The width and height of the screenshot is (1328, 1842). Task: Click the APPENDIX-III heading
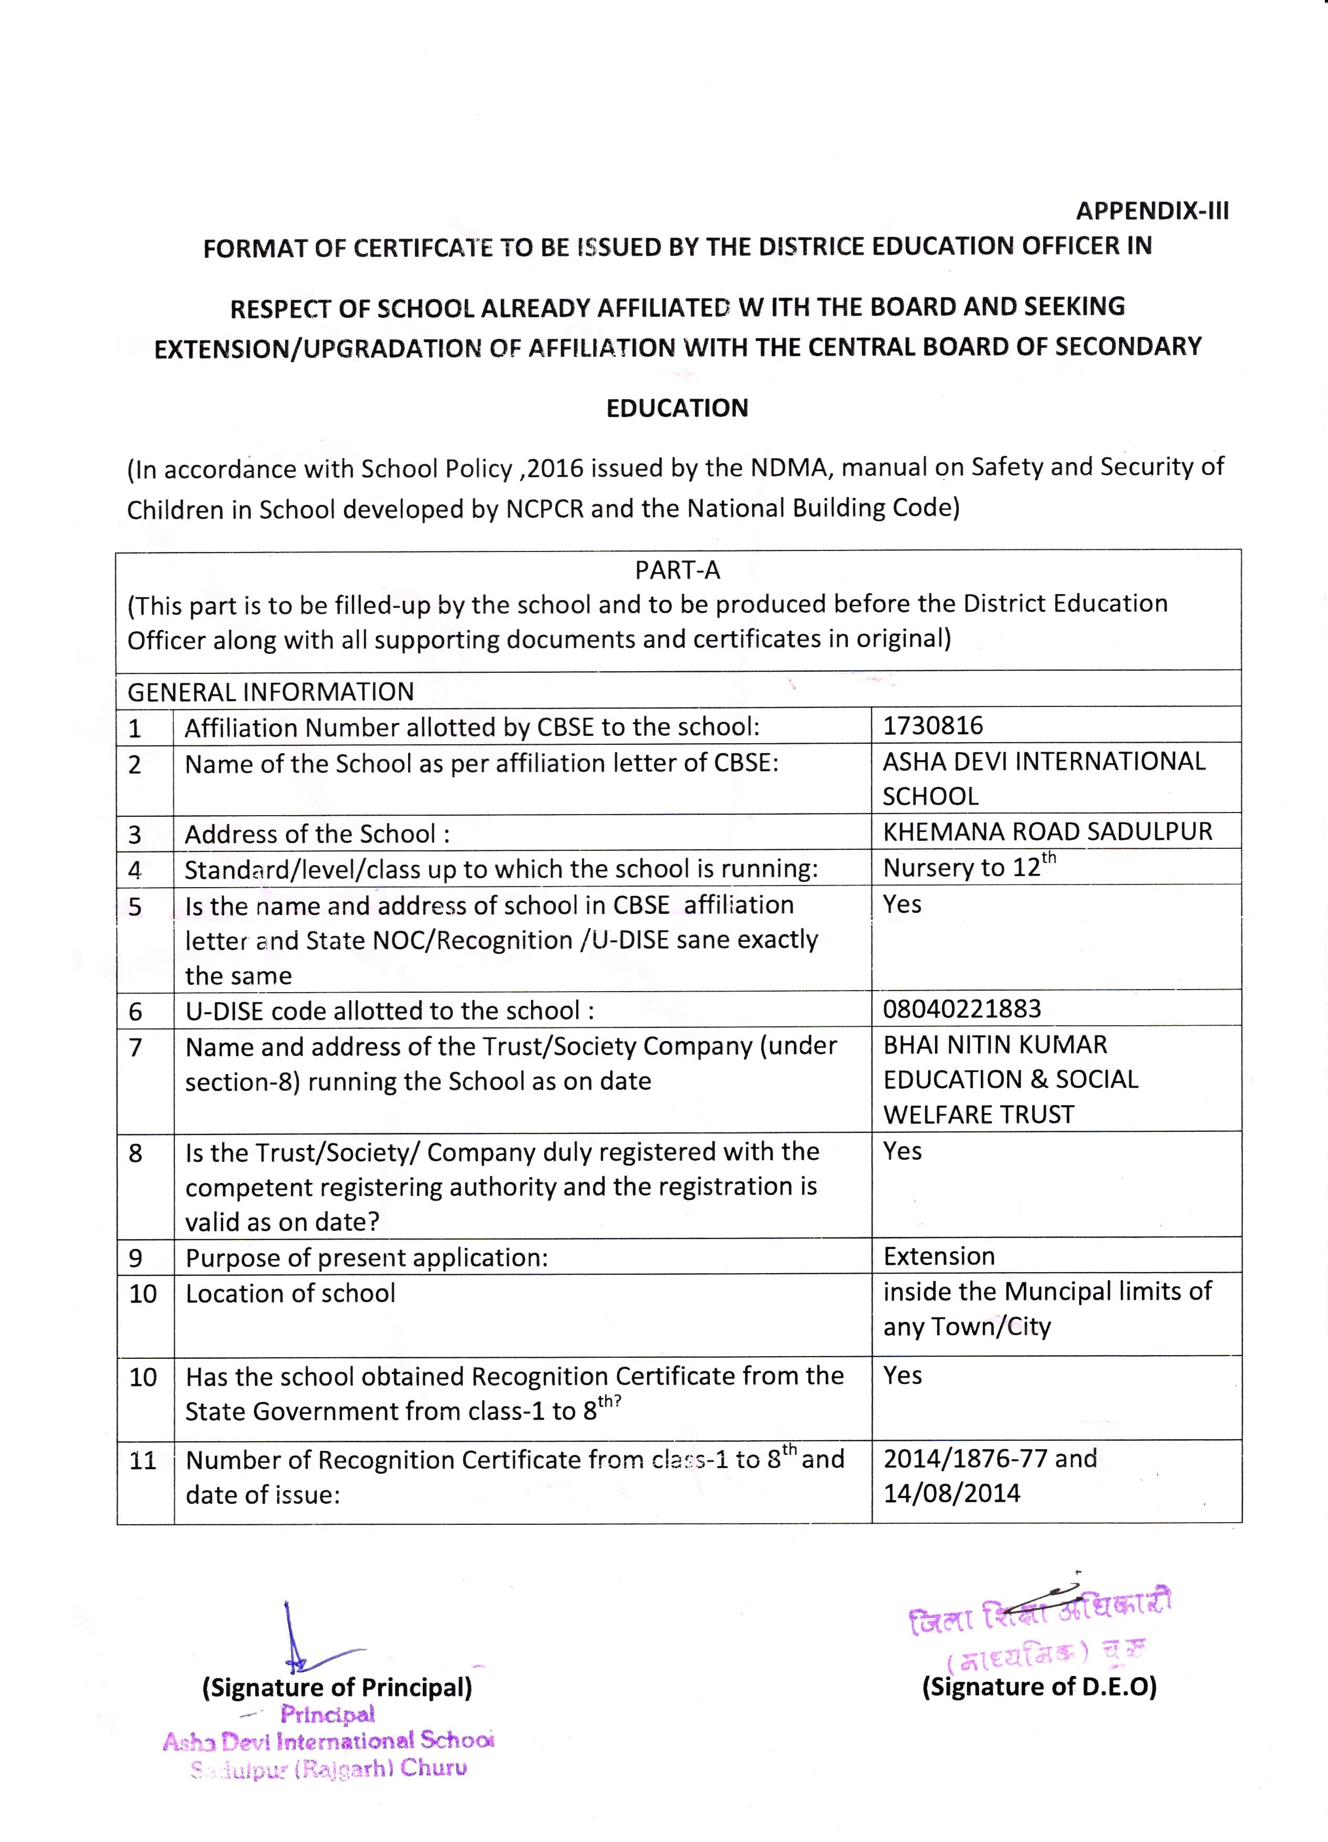(x=1151, y=211)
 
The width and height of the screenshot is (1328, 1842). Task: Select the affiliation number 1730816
(x=932, y=725)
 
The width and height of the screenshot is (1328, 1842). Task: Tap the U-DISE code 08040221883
(x=962, y=1008)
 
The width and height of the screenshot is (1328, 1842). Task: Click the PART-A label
(x=678, y=570)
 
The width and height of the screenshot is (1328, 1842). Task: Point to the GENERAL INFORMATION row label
(x=271, y=691)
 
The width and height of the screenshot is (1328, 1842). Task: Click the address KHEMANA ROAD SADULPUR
(x=1047, y=831)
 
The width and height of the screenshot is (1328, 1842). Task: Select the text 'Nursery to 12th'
(x=968, y=867)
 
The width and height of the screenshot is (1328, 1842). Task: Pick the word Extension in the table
(x=939, y=1256)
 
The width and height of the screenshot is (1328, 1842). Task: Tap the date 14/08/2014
(x=951, y=1493)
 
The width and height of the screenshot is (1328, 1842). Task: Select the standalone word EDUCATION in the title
(x=678, y=408)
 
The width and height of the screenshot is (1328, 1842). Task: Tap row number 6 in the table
(x=136, y=1011)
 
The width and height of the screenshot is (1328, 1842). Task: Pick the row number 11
(x=142, y=1460)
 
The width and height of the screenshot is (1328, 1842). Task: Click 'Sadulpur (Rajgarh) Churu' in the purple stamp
(x=329, y=1769)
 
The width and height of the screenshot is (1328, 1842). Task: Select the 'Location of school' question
(x=290, y=1293)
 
